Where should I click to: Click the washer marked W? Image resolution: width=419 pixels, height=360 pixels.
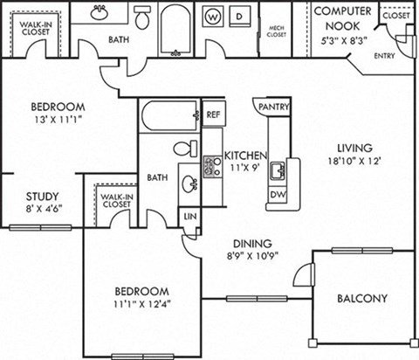click(x=212, y=17)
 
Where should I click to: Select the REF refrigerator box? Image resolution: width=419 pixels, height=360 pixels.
click(x=212, y=114)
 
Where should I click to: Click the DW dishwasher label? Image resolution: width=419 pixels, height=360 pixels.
click(x=278, y=194)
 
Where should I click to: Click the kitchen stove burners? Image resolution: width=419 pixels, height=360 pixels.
click(x=211, y=166)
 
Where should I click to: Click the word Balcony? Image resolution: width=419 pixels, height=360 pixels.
click(x=361, y=298)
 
